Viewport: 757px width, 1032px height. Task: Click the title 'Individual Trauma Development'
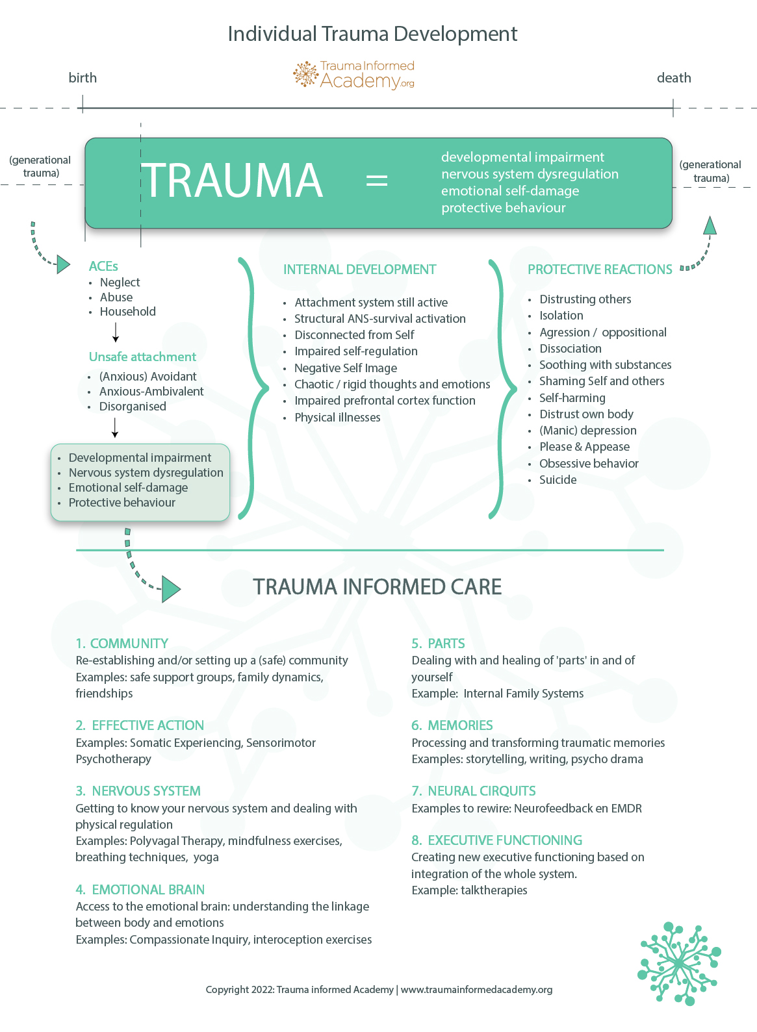coord(372,34)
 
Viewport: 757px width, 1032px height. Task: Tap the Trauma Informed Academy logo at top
coord(354,75)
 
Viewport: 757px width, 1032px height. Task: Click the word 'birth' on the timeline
coord(83,78)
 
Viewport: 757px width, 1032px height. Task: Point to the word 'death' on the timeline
coord(674,78)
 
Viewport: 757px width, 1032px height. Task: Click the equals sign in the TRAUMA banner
coord(377,180)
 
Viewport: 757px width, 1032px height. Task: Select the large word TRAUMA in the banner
coord(233,181)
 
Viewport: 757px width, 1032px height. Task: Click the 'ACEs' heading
coord(103,266)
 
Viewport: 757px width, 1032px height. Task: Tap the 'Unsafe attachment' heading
coord(142,357)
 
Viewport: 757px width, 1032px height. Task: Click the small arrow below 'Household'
coord(116,332)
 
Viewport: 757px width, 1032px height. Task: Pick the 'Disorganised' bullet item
coord(133,407)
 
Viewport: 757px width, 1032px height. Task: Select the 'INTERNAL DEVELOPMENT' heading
coord(359,270)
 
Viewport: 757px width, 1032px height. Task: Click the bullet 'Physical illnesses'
coord(337,418)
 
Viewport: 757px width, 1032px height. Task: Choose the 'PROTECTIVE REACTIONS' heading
coord(599,270)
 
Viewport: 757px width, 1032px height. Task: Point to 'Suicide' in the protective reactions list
coord(558,480)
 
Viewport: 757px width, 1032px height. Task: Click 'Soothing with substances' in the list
coord(605,365)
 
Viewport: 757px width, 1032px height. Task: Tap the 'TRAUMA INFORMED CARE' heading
coord(377,587)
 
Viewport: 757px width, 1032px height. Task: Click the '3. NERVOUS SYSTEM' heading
coord(138,791)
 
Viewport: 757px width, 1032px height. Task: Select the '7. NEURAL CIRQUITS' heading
coord(474,791)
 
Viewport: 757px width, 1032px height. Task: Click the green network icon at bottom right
coord(678,963)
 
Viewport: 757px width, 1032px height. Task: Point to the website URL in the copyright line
coord(476,990)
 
